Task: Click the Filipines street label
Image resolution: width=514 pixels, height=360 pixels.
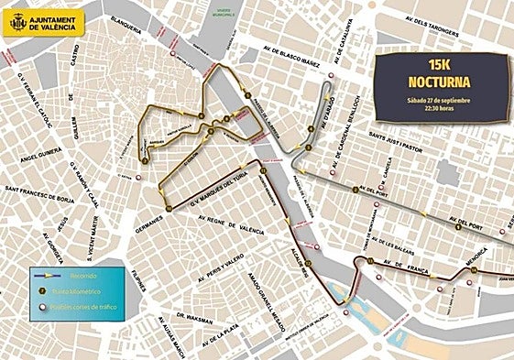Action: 139,274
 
